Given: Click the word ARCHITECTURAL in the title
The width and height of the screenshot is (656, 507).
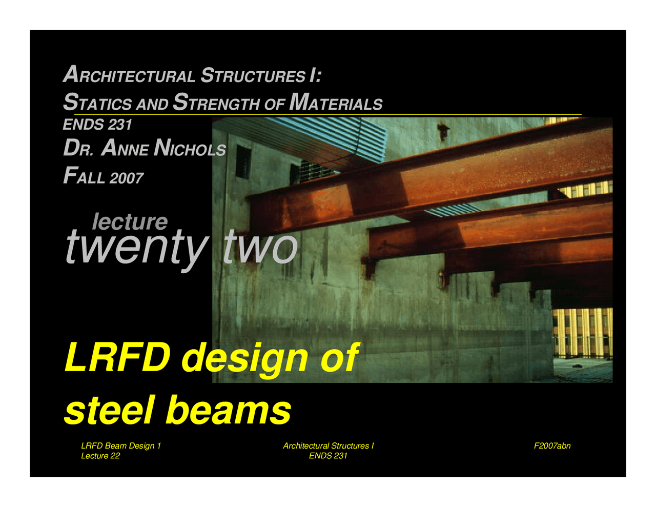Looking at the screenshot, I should (x=129, y=75).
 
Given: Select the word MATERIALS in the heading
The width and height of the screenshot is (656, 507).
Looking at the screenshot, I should (x=336, y=103).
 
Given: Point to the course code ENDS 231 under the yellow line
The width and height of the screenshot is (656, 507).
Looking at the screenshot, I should (x=97, y=125).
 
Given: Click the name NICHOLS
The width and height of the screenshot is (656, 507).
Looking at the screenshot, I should (x=190, y=149).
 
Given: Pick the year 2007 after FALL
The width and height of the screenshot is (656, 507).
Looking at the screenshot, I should (x=126, y=178).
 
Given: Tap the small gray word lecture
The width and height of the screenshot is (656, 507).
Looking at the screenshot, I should (x=130, y=222).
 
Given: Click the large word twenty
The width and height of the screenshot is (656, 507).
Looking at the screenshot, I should (x=136, y=248).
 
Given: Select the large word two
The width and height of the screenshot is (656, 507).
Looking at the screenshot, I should (x=260, y=247).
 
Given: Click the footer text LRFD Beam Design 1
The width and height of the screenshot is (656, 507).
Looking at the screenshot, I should (x=121, y=446).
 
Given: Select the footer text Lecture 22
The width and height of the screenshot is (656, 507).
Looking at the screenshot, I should (x=100, y=456).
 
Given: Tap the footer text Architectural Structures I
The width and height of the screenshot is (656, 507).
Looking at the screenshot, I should (x=328, y=446).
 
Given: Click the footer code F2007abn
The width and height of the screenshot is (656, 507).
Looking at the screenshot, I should (x=552, y=446).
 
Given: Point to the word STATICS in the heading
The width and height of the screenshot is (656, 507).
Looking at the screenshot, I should (x=97, y=103).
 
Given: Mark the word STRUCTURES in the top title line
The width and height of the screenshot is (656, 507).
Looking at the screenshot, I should (x=253, y=75).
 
